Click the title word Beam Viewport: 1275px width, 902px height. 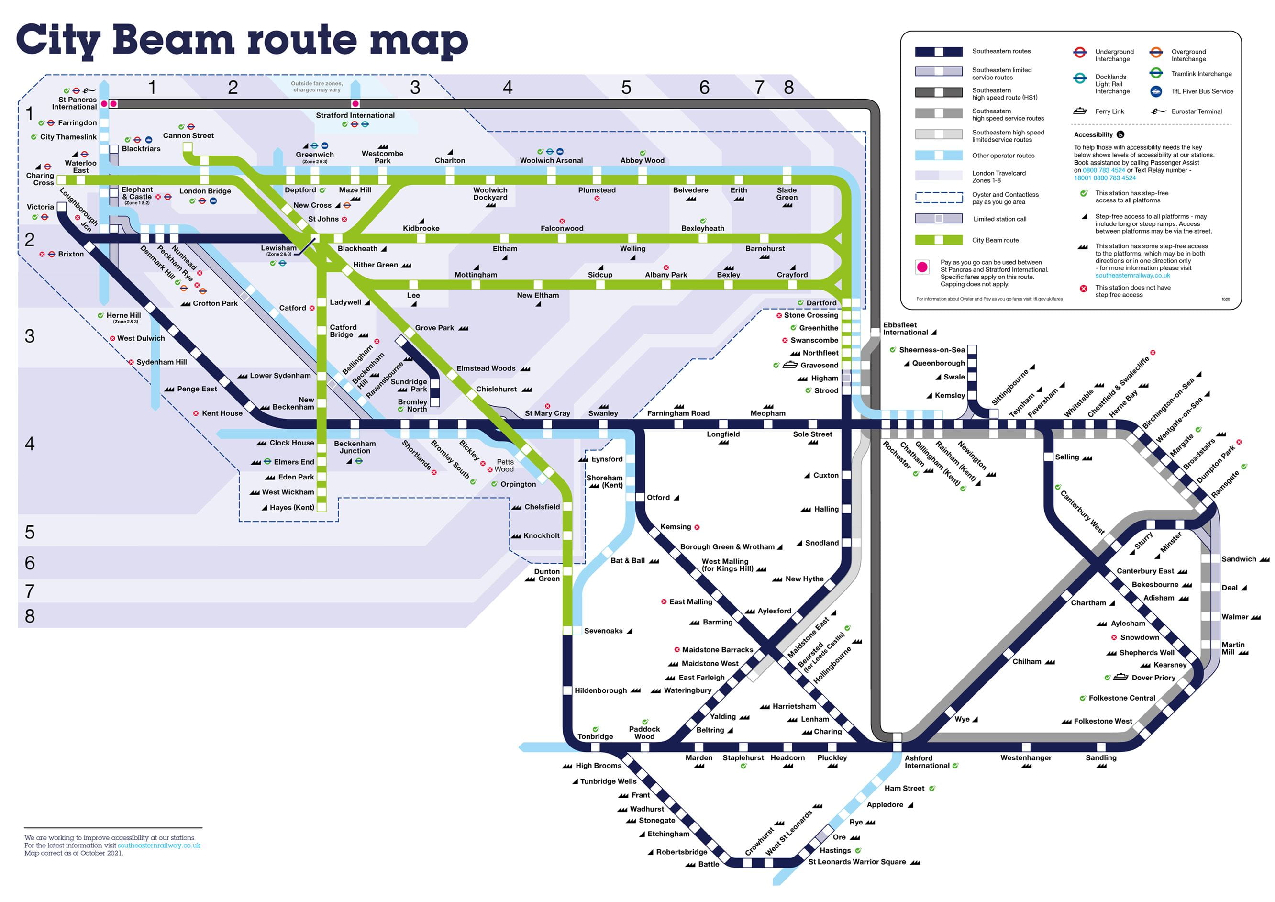(173, 40)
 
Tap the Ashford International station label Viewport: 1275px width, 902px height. (926, 761)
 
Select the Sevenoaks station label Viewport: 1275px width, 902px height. (603, 631)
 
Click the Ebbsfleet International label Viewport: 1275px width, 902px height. (905, 329)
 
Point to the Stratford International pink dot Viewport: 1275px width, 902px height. (355, 104)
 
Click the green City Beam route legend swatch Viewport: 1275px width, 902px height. (939, 240)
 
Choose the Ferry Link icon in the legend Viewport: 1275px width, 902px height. (1080, 111)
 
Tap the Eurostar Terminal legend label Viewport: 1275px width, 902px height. (1196, 111)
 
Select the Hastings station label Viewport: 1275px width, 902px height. (835, 850)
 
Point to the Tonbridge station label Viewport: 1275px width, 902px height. (595, 736)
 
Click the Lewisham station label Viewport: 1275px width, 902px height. (279, 248)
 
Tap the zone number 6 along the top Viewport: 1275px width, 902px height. (704, 88)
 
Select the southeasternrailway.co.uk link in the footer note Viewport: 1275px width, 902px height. (159, 846)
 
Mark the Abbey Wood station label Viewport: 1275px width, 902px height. (642, 160)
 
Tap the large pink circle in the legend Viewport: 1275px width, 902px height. (922, 267)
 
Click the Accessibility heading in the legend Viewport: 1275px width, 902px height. (1093, 135)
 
